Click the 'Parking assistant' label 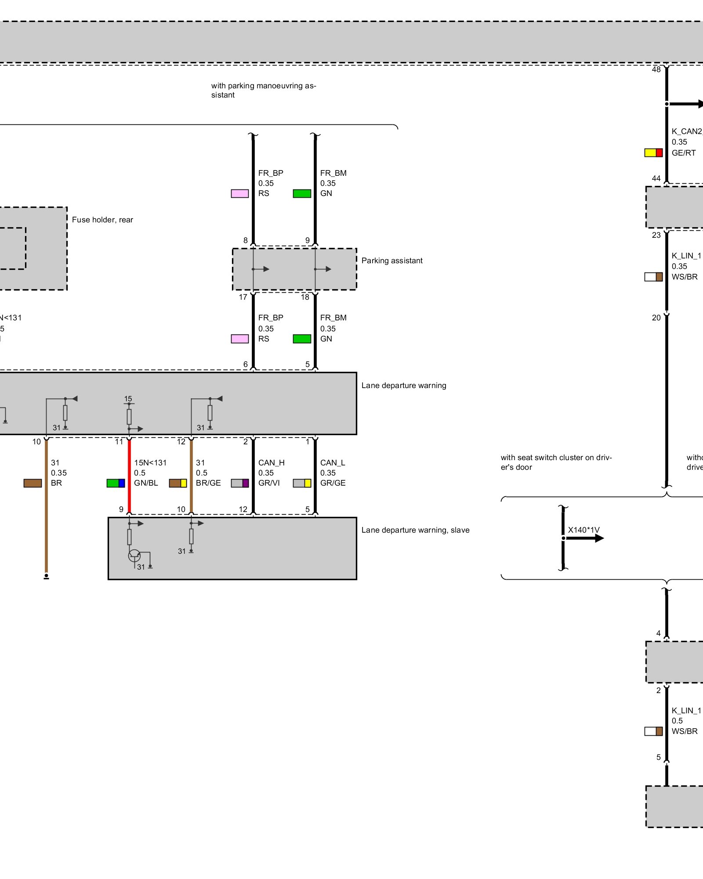point(391,261)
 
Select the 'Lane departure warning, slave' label point(415,530)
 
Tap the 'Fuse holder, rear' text point(102,220)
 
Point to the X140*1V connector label point(583,530)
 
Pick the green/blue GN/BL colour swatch point(116,483)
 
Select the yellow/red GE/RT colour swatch point(653,153)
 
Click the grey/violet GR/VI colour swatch point(240,483)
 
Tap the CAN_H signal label point(271,463)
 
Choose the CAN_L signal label point(333,463)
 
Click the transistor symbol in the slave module point(134,556)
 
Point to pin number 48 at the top point(656,70)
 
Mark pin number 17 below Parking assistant point(243,298)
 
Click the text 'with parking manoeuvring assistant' point(264,90)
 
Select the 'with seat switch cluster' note point(556,462)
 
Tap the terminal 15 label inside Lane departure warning point(128,399)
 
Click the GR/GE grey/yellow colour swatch point(302,483)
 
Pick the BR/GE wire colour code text point(208,483)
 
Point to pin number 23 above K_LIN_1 point(656,235)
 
